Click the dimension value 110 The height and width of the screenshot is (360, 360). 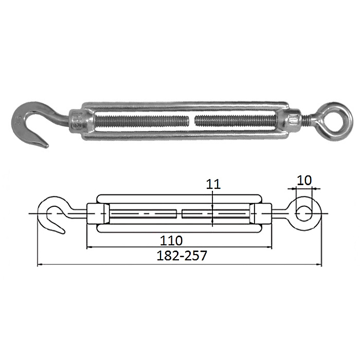[171, 241]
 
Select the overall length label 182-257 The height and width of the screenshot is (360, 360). [182, 256]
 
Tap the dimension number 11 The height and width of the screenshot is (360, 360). [213, 184]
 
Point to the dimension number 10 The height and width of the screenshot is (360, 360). [304, 180]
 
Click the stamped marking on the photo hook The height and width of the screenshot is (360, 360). [19, 119]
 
